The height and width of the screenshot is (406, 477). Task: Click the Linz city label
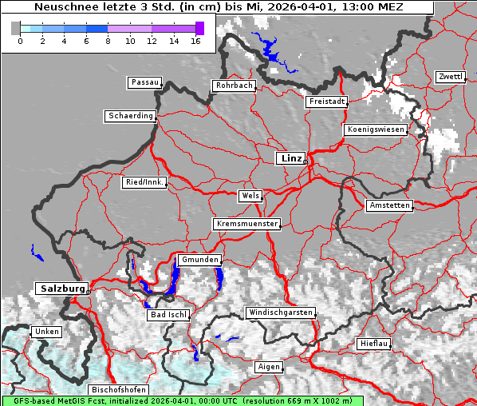(290, 158)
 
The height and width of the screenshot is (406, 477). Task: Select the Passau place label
(144, 82)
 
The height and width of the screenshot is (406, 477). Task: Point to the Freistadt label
(327, 101)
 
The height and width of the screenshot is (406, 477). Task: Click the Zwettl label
(450, 77)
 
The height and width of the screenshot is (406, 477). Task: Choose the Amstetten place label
(389, 205)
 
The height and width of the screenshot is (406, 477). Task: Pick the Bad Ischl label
(168, 315)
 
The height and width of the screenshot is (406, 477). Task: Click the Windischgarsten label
(280, 312)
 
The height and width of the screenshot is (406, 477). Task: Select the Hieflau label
(374, 344)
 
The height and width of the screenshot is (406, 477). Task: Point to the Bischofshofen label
(117, 389)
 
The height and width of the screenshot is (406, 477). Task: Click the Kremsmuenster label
(247, 224)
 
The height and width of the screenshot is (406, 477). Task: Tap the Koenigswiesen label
(376, 129)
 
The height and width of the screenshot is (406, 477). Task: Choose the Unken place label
(45, 331)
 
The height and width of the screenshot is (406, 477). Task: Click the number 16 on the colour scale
(195, 41)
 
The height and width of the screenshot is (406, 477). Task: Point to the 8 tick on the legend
(108, 41)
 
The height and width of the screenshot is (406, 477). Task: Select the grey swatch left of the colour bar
(15, 28)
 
